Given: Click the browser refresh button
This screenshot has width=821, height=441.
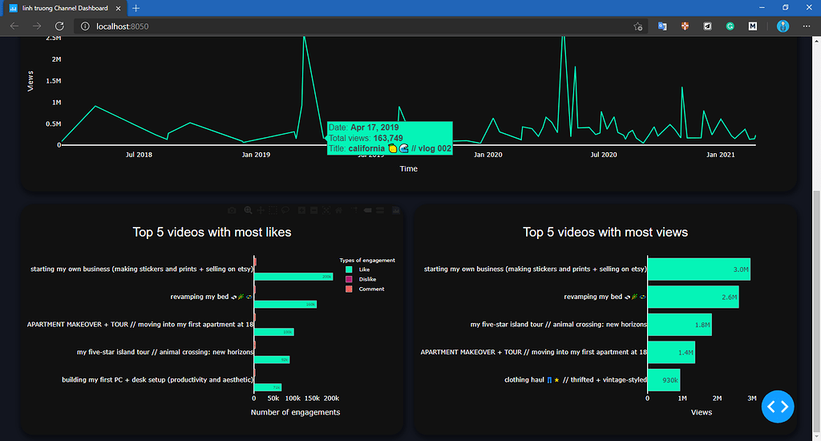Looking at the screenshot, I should point(59,26).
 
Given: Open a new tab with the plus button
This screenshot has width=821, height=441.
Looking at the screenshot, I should point(135,7).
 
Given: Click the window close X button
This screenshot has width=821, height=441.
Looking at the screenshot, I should point(806,7).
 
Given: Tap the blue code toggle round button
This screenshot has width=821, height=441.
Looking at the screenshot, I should point(779,407).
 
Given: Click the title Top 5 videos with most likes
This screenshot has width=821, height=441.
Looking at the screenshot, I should point(212,233).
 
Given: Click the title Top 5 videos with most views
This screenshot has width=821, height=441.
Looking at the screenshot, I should point(605,233).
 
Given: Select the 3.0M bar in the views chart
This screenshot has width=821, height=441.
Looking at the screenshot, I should point(698,269).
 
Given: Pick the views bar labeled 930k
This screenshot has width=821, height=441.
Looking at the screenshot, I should point(664,380).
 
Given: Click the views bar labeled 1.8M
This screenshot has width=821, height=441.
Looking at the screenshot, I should point(679,325).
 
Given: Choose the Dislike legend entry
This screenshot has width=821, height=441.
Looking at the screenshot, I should point(366,279).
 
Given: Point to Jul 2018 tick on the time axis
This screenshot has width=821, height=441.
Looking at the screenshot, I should point(140,155).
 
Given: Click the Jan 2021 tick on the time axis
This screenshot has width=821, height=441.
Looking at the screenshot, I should point(721,155).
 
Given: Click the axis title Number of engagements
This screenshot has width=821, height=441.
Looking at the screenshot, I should point(295,412).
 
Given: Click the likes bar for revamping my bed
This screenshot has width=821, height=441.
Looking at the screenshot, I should point(285,304).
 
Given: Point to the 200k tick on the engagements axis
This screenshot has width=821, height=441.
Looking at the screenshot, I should point(331,398).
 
